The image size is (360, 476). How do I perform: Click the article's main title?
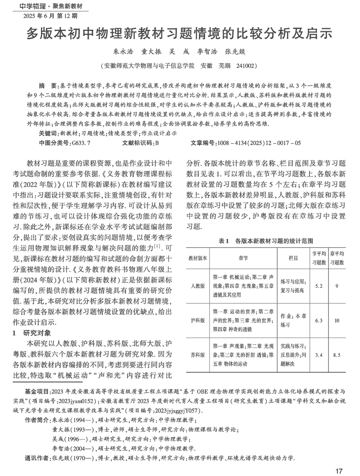179,34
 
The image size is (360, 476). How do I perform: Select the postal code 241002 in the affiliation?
244,65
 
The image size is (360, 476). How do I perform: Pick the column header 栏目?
293,257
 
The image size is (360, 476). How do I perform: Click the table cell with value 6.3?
318,320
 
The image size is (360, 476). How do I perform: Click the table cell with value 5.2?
318,286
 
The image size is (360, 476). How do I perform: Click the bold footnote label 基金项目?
37,392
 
